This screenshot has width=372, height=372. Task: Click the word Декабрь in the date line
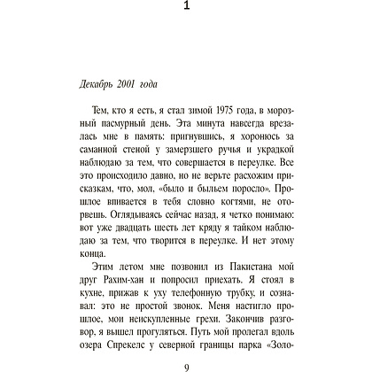pos(90,84)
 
